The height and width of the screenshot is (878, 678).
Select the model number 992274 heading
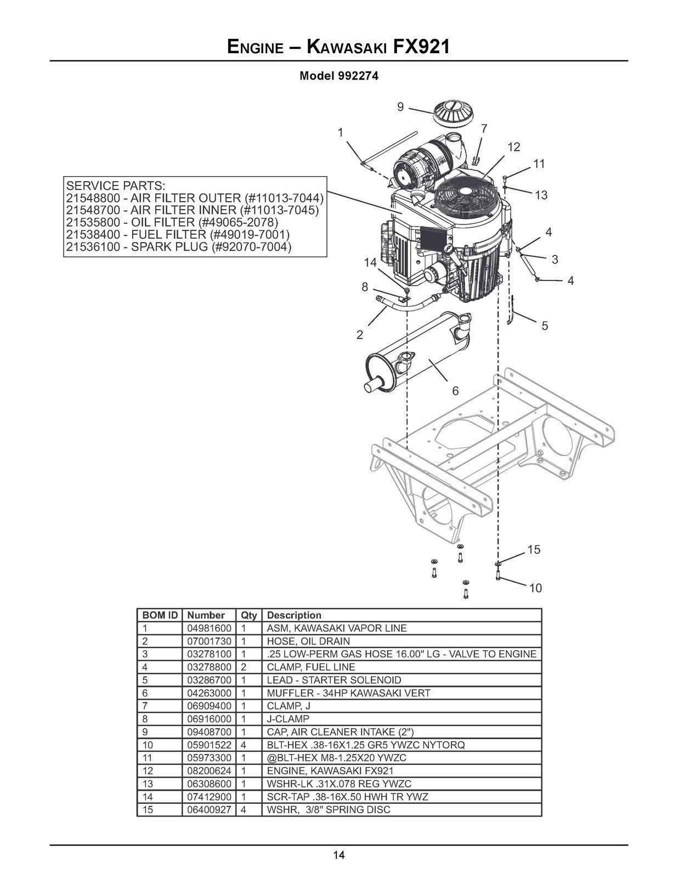(338, 76)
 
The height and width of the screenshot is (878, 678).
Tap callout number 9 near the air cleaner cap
(400, 107)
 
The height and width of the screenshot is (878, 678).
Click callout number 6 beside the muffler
(455, 391)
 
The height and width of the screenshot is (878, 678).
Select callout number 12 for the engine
(513, 147)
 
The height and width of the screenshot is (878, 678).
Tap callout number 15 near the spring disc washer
(534, 549)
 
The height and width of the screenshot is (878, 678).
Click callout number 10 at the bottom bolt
(535, 588)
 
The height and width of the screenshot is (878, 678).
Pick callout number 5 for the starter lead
(545, 326)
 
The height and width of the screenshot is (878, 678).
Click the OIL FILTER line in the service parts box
(172, 222)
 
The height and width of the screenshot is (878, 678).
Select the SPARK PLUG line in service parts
(178, 247)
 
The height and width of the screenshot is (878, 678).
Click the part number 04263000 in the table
(209, 693)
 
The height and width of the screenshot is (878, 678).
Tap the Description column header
(294, 615)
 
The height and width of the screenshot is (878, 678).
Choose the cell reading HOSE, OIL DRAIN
(308, 641)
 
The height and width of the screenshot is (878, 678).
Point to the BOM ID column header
(160, 615)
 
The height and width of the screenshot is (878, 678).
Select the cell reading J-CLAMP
(288, 719)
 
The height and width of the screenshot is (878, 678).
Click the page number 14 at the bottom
(338, 855)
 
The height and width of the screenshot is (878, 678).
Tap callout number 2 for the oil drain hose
(360, 335)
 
